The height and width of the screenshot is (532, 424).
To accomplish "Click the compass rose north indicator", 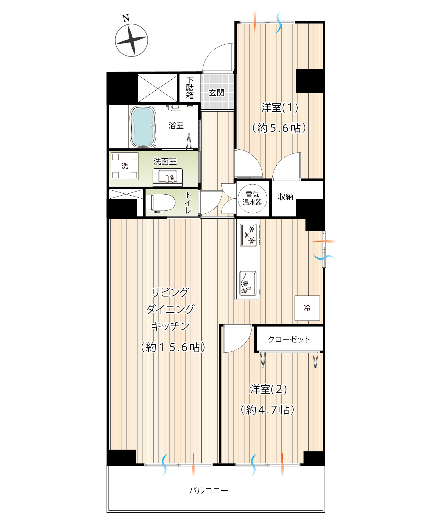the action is point(131,40).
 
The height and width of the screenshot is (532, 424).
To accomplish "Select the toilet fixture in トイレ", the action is point(160,203).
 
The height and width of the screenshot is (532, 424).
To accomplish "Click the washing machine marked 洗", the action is point(125,166).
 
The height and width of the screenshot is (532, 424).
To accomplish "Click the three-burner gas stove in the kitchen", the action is point(248,235).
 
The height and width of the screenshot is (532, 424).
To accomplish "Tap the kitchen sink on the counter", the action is point(248,283).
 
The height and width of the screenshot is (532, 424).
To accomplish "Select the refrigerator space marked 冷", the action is point(307,308).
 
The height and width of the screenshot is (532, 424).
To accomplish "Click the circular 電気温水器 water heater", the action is point(252,198).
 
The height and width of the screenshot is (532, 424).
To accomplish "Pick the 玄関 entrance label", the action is point(217,93).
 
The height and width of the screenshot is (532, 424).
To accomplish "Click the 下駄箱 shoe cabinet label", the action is point(190,88).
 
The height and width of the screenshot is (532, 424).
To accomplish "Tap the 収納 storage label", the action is point(285,197).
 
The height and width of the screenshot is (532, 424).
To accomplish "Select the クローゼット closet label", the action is point(289,339).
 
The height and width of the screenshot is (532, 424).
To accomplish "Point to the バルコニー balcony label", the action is point(209,491).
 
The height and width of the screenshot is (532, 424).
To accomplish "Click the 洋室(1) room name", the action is point(280,108).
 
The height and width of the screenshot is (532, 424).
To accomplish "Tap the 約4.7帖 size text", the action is point(268,410).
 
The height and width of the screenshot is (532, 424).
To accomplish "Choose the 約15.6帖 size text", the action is point(173,347).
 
